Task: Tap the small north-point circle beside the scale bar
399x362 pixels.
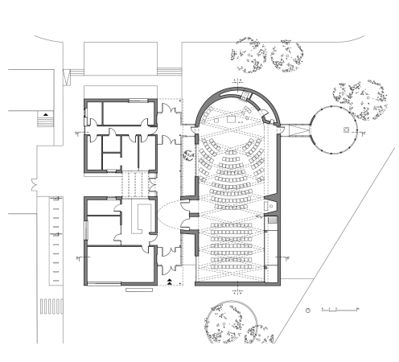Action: click(x=309, y=310)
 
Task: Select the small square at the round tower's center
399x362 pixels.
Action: click(x=345, y=129)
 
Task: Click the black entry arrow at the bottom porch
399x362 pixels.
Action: click(x=171, y=278)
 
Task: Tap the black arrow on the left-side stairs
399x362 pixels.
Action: click(x=45, y=114)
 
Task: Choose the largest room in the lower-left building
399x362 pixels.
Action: click(x=117, y=265)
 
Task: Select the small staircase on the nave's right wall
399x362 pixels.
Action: click(x=272, y=218)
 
